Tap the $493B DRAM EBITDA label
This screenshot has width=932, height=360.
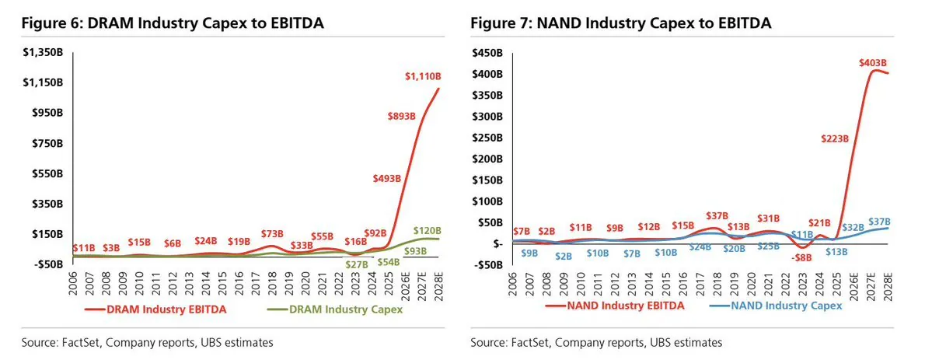(x=388, y=178)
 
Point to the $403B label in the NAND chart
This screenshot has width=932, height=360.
(x=873, y=62)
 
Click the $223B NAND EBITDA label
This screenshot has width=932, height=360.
(x=833, y=138)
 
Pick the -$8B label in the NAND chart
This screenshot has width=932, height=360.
(x=802, y=258)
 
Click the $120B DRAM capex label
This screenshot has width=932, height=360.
(x=427, y=230)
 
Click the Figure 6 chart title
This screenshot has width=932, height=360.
(x=173, y=23)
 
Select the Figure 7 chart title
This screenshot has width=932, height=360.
(x=620, y=23)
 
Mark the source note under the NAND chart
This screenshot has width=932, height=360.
(x=596, y=343)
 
